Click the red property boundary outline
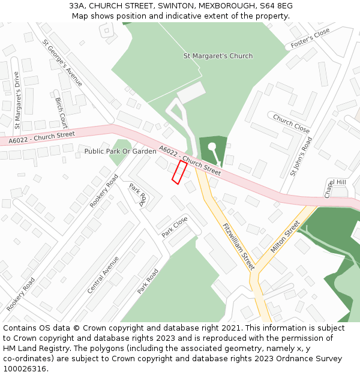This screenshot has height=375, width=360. (179, 172)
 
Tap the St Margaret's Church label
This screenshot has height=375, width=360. (218, 56)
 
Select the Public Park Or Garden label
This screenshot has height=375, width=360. (120, 152)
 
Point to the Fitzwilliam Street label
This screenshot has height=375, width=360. (238, 245)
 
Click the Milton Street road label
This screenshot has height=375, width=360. (285, 236)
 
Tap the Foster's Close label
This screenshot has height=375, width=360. (310, 38)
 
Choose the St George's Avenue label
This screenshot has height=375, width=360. (62, 63)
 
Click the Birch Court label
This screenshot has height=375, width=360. (61, 113)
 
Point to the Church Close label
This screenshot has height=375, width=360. (291, 123)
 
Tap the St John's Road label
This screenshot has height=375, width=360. (301, 156)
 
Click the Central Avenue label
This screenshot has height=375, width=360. (103, 274)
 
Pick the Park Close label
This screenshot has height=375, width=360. (175, 226)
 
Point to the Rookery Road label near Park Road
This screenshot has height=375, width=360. (104, 191)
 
